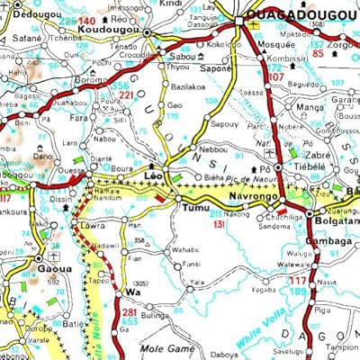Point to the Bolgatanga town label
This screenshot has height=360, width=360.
point(334,220)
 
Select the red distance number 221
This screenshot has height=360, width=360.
point(128,94)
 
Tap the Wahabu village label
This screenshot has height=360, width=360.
point(185,248)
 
